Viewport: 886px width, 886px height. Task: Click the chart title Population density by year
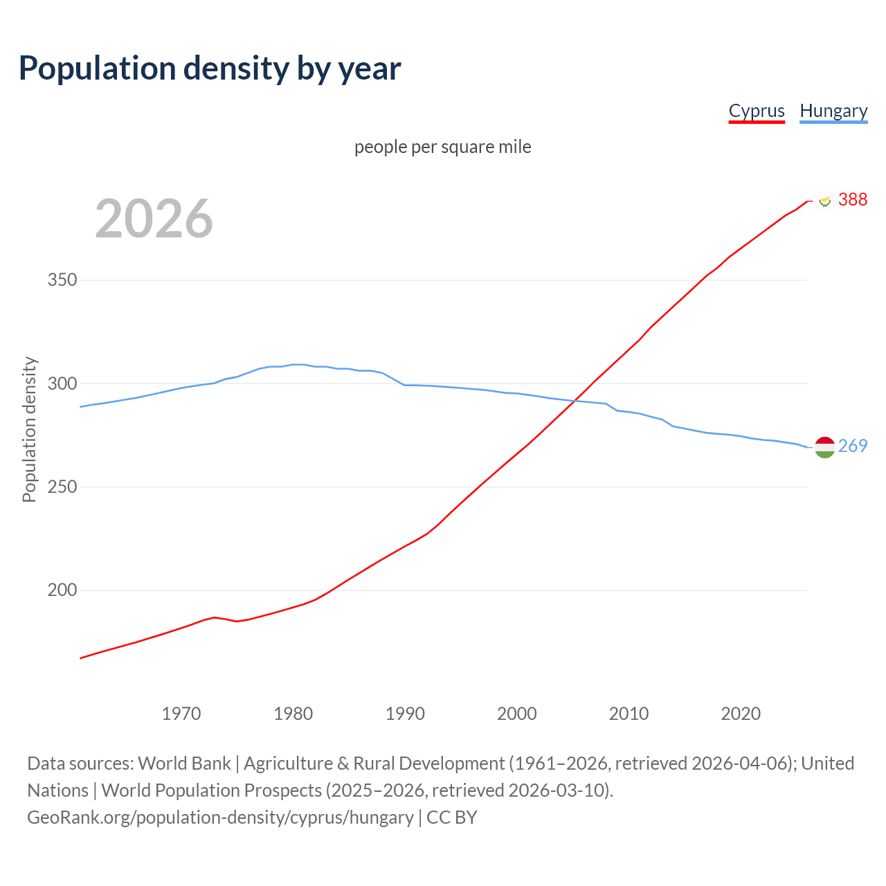[x=210, y=68]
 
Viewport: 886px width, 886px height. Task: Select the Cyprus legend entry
[x=757, y=111]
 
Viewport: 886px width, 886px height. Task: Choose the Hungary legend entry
[x=833, y=111]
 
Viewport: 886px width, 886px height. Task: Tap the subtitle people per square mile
[x=443, y=147]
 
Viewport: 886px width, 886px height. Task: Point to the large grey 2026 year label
[x=154, y=218]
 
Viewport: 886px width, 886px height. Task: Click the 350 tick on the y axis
[x=62, y=280]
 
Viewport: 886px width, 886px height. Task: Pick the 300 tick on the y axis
[x=62, y=383]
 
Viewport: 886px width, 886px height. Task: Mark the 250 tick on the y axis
[x=62, y=487]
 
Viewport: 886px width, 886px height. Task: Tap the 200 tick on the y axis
[x=62, y=590]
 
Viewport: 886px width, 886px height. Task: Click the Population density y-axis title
[x=29, y=429]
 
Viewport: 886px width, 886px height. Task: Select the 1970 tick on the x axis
[x=181, y=714]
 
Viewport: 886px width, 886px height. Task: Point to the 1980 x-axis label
[x=293, y=714]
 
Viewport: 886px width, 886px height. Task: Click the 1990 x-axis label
[x=405, y=714]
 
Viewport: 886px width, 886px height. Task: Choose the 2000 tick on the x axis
[x=517, y=714]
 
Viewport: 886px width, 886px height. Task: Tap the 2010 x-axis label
[x=629, y=714]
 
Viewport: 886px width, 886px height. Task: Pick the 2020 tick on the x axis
[x=741, y=714]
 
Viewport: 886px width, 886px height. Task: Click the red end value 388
[x=853, y=199]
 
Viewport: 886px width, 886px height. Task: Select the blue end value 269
[x=853, y=446]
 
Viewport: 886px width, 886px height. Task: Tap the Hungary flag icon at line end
[x=824, y=447]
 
